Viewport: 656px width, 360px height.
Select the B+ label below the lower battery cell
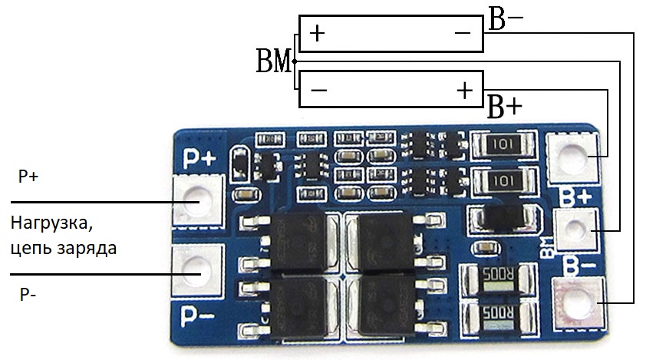[x=505, y=107]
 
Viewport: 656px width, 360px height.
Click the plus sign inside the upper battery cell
[x=317, y=33]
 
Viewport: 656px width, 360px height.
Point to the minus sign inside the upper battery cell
[x=462, y=33]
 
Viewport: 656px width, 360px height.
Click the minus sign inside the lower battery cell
[x=319, y=91]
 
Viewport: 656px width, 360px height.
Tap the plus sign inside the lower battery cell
[x=464, y=91]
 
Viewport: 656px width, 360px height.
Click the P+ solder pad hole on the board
[x=199, y=201]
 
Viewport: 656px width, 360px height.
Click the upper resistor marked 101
[x=505, y=145]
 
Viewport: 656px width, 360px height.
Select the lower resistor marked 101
[x=505, y=181]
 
